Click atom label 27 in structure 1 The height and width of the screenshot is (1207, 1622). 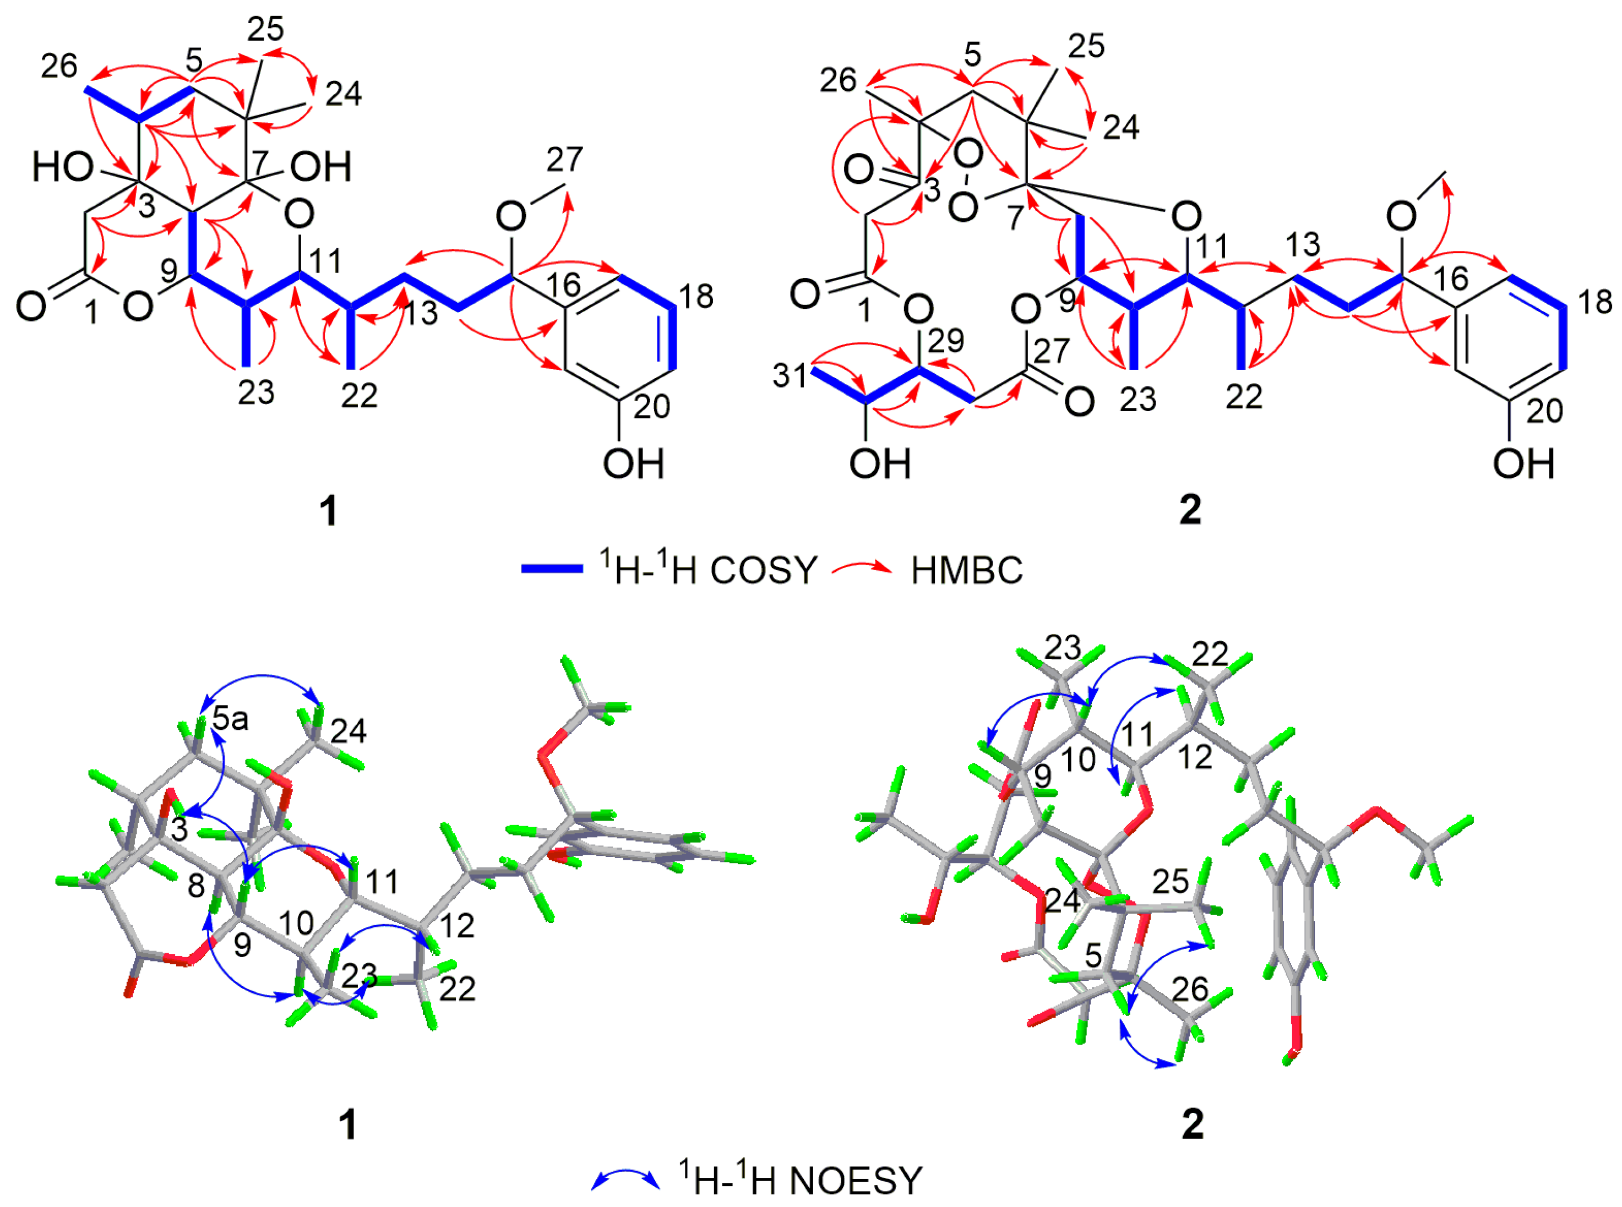(x=564, y=159)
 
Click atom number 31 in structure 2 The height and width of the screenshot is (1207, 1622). (x=790, y=375)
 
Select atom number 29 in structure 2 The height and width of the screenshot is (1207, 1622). (x=946, y=341)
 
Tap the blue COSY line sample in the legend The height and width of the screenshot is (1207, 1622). (x=552, y=569)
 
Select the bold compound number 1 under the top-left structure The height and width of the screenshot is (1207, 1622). (x=329, y=511)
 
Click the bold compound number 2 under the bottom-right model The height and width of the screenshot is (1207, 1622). (x=1192, y=1124)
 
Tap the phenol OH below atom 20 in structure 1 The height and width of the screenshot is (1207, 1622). (x=633, y=464)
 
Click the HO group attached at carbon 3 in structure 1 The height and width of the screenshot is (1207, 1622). (x=62, y=168)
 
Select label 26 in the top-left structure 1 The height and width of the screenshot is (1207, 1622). (x=59, y=67)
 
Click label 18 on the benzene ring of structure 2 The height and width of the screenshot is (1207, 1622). (x=1595, y=302)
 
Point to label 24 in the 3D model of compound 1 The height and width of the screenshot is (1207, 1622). (x=349, y=730)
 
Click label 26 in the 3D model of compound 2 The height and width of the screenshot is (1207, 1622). (x=1189, y=989)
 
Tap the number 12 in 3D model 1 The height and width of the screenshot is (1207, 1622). (x=457, y=926)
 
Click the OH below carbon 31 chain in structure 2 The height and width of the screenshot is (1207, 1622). (x=880, y=464)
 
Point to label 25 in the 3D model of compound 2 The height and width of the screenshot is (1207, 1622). (x=1171, y=882)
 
